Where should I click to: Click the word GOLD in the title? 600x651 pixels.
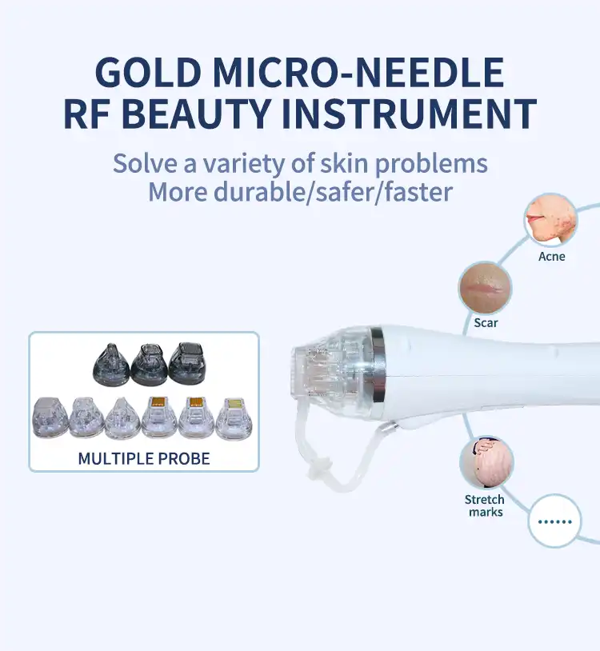coord(149,72)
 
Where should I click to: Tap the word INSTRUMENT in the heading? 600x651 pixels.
coord(410,114)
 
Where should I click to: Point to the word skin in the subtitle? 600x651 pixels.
coord(344,163)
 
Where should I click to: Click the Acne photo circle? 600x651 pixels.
coord(550,220)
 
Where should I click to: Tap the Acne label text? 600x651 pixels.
coord(551,256)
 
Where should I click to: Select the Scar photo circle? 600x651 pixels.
coord(485,287)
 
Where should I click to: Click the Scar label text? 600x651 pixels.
coord(486,322)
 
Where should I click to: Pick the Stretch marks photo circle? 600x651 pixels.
coord(486,462)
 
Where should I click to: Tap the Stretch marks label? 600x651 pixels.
coord(485,505)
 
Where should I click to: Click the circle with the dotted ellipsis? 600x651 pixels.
coord(554,521)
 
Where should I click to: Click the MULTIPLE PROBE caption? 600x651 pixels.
coord(144,459)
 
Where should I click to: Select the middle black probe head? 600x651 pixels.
coord(150,365)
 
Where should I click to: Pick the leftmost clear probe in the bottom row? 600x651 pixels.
coord(50,417)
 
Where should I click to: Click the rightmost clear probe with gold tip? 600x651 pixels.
coord(234,418)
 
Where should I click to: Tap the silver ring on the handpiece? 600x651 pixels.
coord(377,364)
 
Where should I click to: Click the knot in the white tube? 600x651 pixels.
coord(319,470)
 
